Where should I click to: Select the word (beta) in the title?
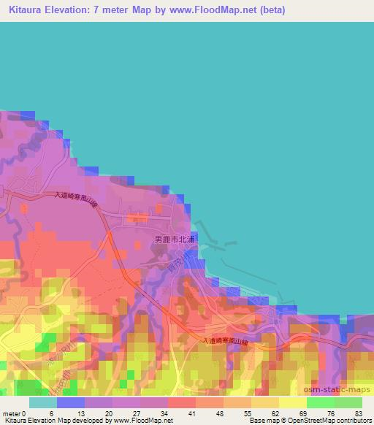[x=268, y=10]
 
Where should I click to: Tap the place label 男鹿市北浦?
[x=174, y=240]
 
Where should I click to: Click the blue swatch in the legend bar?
[x=70, y=403]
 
